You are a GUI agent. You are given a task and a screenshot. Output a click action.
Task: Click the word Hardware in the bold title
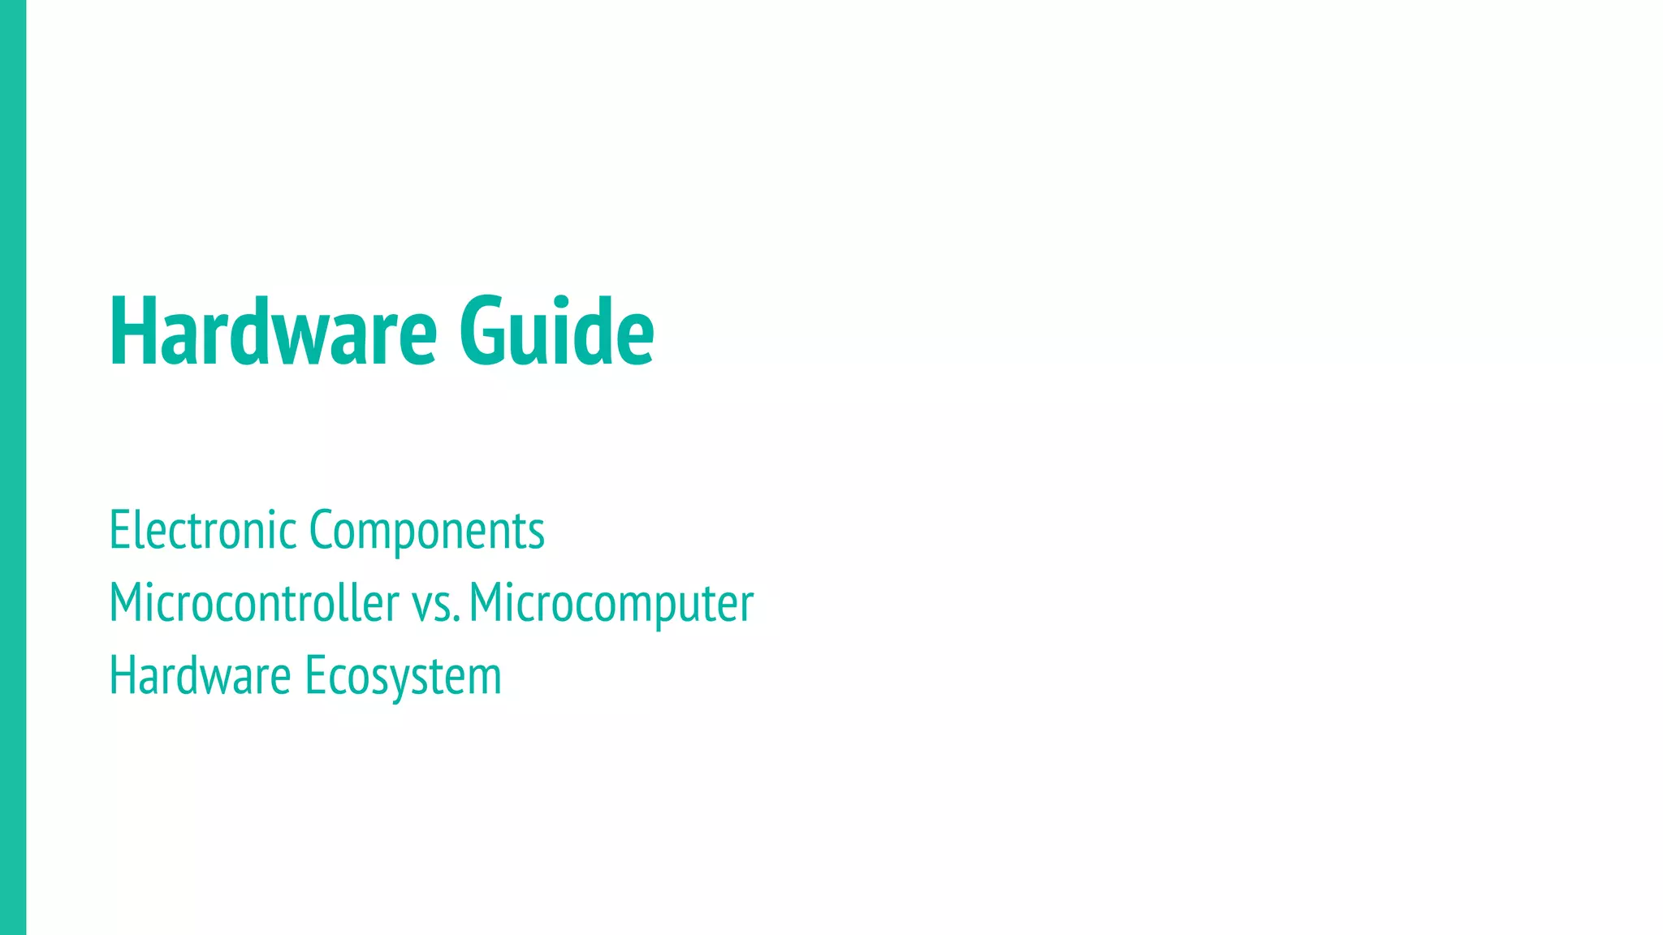click(x=273, y=331)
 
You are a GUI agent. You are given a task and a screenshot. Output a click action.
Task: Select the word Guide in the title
click(x=556, y=331)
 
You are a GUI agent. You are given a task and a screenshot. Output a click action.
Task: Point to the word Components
click(x=426, y=532)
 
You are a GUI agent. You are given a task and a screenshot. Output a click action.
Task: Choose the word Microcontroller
click(x=253, y=603)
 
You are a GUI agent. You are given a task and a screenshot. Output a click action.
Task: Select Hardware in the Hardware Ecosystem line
click(x=200, y=675)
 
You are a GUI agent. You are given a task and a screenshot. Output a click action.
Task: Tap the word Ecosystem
click(x=403, y=677)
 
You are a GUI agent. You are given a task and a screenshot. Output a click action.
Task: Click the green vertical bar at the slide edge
click(x=13, y=467)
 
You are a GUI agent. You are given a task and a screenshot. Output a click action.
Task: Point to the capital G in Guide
click(x=483, y=331)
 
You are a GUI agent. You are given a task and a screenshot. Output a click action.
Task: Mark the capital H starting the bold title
click(x=130, y=331)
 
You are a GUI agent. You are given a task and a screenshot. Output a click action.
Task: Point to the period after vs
click(x=457, y=621)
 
